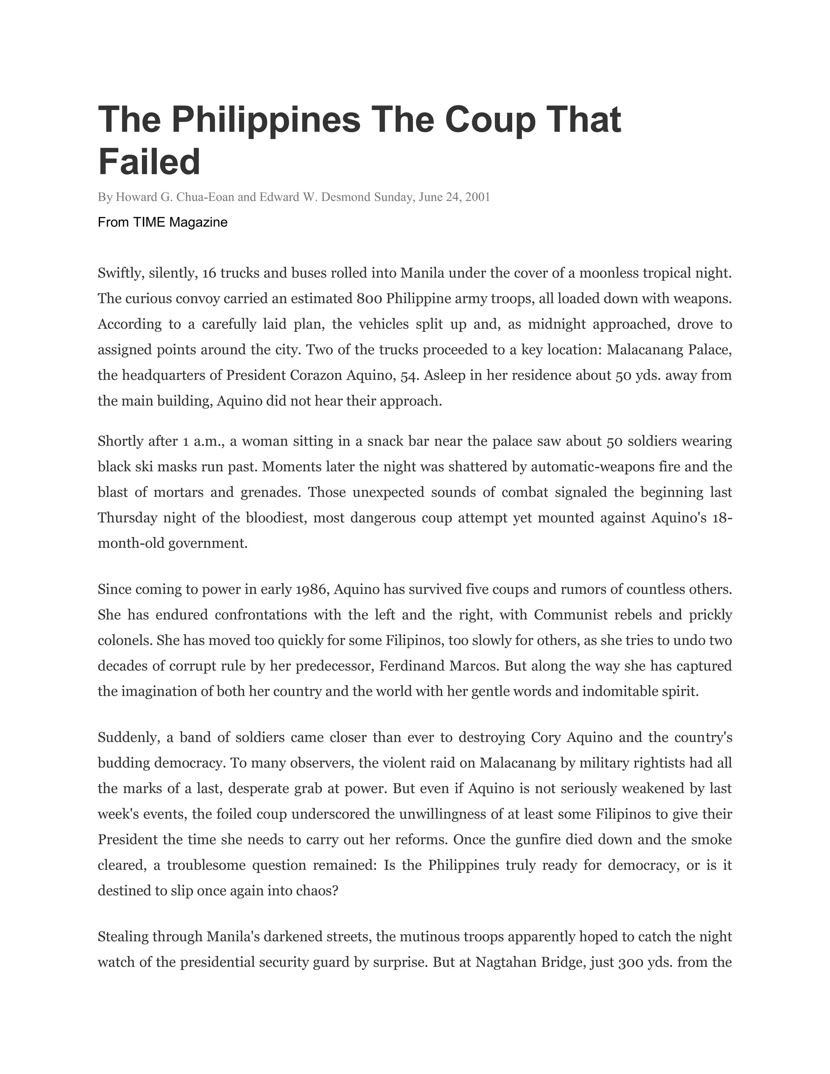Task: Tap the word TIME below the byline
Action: pos(150,222)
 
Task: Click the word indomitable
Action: pos(619,691)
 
